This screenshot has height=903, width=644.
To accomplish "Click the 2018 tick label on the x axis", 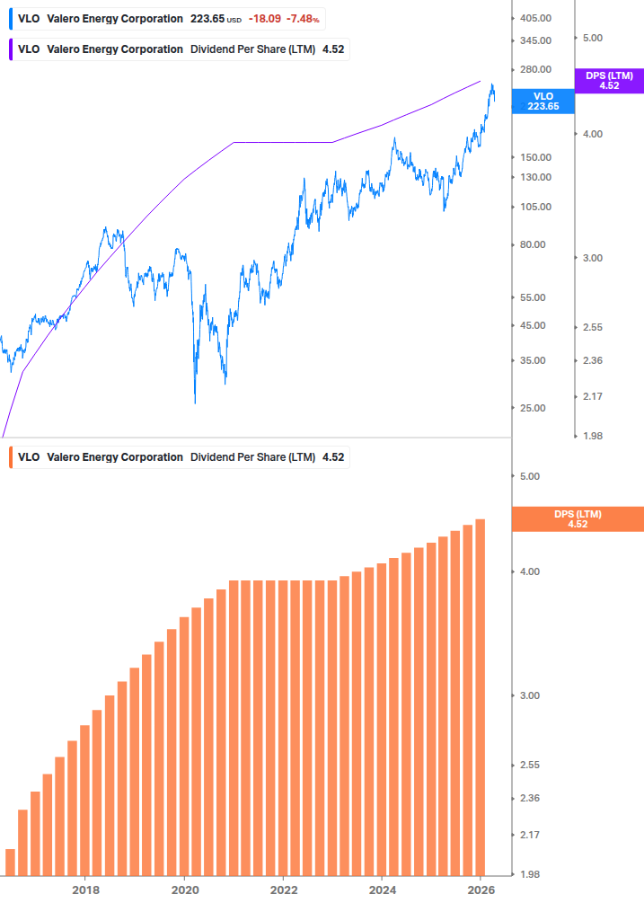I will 85,890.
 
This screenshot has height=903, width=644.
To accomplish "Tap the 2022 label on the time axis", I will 283,890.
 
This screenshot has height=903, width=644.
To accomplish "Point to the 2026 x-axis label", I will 481,890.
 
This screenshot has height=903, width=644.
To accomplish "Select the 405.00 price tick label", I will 536,18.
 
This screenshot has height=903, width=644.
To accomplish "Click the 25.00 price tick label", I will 533,408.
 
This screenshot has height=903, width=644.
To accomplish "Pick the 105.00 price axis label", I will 536,207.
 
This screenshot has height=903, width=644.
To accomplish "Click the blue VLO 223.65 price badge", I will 543,101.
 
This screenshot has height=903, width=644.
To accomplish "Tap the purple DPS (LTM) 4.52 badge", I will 609,81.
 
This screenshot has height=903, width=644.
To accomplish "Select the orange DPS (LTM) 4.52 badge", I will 578,518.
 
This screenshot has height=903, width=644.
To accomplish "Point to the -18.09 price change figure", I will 266,18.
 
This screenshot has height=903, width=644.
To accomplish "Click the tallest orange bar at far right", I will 481,696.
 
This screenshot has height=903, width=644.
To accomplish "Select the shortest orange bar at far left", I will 10,862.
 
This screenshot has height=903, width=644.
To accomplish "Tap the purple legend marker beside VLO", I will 11,49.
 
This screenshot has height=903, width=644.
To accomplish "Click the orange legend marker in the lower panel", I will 11,456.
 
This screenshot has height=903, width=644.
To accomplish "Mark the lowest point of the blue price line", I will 195,403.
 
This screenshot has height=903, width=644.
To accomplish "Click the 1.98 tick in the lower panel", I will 530,874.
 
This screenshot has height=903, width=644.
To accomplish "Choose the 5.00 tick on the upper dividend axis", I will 592,38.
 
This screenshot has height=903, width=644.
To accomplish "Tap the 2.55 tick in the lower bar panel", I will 530,765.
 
